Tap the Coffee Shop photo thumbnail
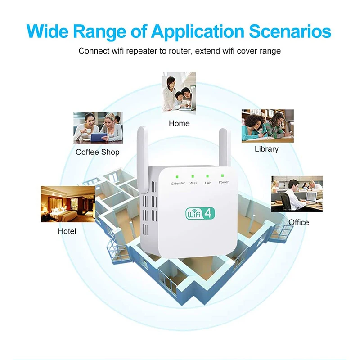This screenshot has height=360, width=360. [x=98, y=128]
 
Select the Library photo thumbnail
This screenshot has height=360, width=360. [x=267, y=126]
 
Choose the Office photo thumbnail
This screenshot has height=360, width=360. [x=297, y=193]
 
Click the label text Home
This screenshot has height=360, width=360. [x=179, y=123]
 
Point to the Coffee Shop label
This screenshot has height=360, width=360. [x=98, y=152]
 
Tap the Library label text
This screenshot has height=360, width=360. [x=266, y=149]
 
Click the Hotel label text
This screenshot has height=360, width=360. [x=67, y=231]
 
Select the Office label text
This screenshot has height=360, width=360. [x=299, y=222]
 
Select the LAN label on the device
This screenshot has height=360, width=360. [x=208, y=183]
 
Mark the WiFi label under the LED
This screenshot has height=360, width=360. [x=193, y=183]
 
